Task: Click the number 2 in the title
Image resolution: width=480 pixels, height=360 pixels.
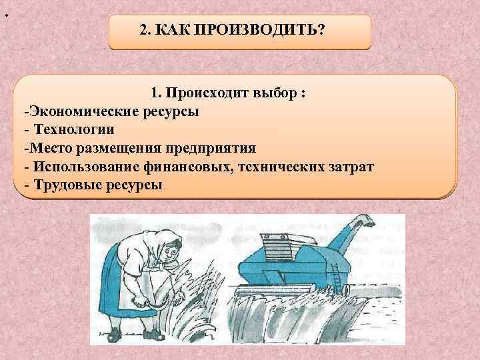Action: pos(145,31)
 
